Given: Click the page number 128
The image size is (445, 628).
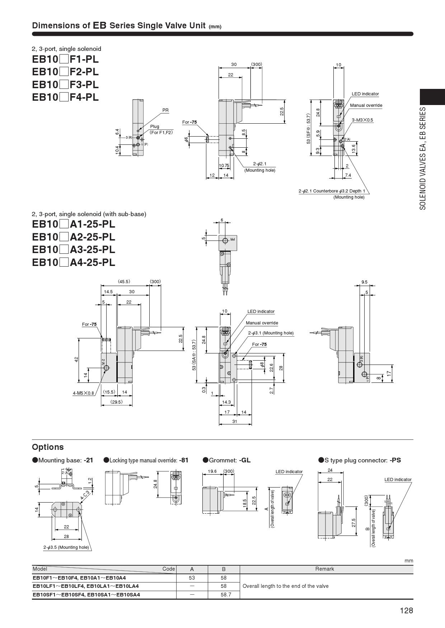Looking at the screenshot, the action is coord(407,610).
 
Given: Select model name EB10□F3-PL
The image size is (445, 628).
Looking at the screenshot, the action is coord(65,85).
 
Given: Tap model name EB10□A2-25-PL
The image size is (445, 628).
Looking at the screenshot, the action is coord(74,237).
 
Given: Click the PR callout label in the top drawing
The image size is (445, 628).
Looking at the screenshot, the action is coord(165,110).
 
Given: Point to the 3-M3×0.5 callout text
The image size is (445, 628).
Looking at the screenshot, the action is coord(362,120).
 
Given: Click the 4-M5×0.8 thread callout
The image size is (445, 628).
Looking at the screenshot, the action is coord(83,393).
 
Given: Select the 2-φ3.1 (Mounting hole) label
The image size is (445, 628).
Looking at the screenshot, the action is coord(271,333).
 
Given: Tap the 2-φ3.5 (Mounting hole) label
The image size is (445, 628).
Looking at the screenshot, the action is coord(66,547).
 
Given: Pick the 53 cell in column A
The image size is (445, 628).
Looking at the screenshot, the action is coord(192,578).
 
